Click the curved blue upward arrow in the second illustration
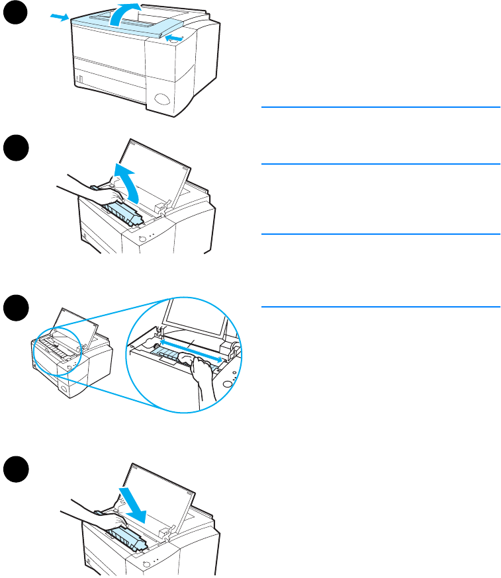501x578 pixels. pos(127,184)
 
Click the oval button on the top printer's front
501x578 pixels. pos(162,101)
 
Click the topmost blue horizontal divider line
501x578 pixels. pos(380,106)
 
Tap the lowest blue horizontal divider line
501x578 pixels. pos(380,306)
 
